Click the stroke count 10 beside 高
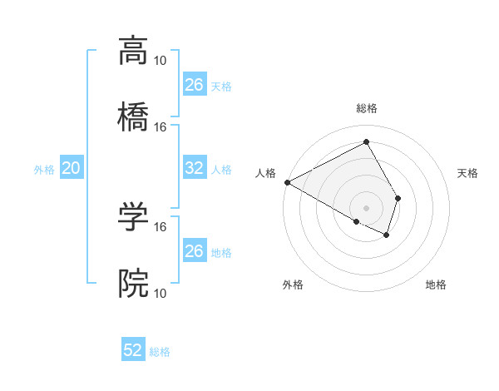click(161, 60)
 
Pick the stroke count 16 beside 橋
click(161, 126)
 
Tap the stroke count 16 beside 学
click(161, 226)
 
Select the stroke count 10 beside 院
click(161, 293)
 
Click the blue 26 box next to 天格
click(194, 85)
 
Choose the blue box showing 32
click(194, 168)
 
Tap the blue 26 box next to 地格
click(194, 251)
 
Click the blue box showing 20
click(71, 168)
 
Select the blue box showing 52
click(133, 350)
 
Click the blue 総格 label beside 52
click(160, 352)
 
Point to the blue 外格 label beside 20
click(44, 170)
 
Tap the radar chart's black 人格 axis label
click(265, 173)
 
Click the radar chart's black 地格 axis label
click(436, 285)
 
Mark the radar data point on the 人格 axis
click(287, 182)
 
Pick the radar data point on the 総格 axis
click(366, 142)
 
